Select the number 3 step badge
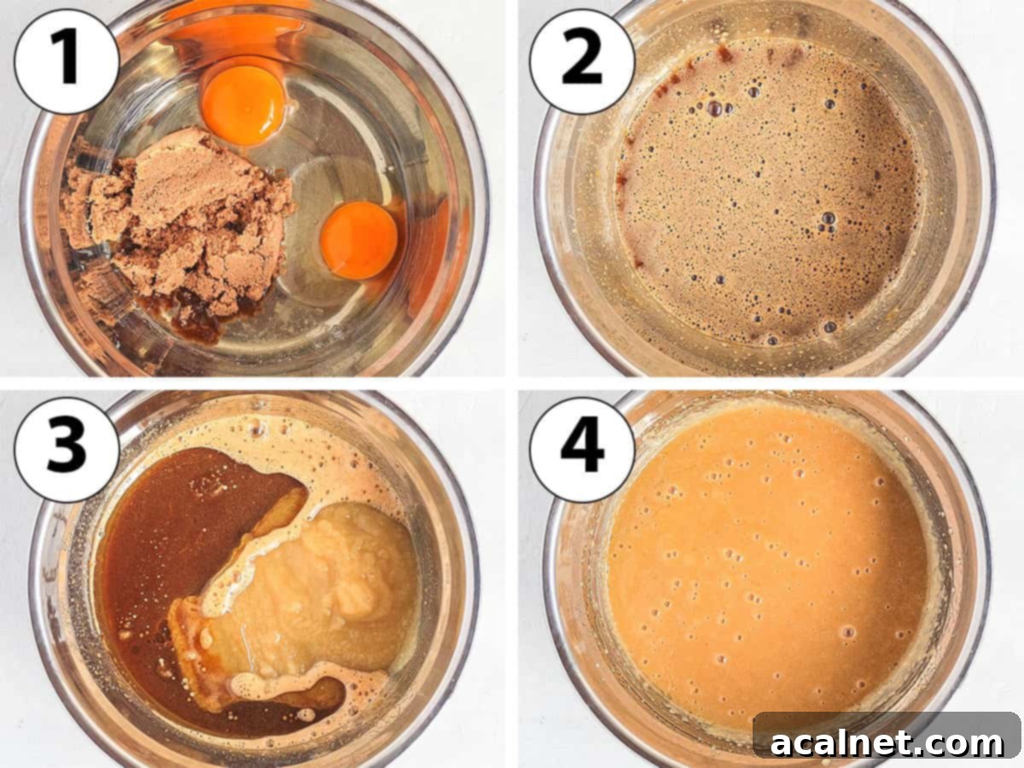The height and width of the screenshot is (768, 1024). [67, 450]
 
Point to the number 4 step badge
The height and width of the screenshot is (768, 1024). [582, 450]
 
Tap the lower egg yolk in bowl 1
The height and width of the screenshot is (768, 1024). [359, 240]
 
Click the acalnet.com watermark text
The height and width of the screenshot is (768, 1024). [887, 742]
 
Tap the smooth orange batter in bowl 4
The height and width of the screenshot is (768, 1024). [765, 560]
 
